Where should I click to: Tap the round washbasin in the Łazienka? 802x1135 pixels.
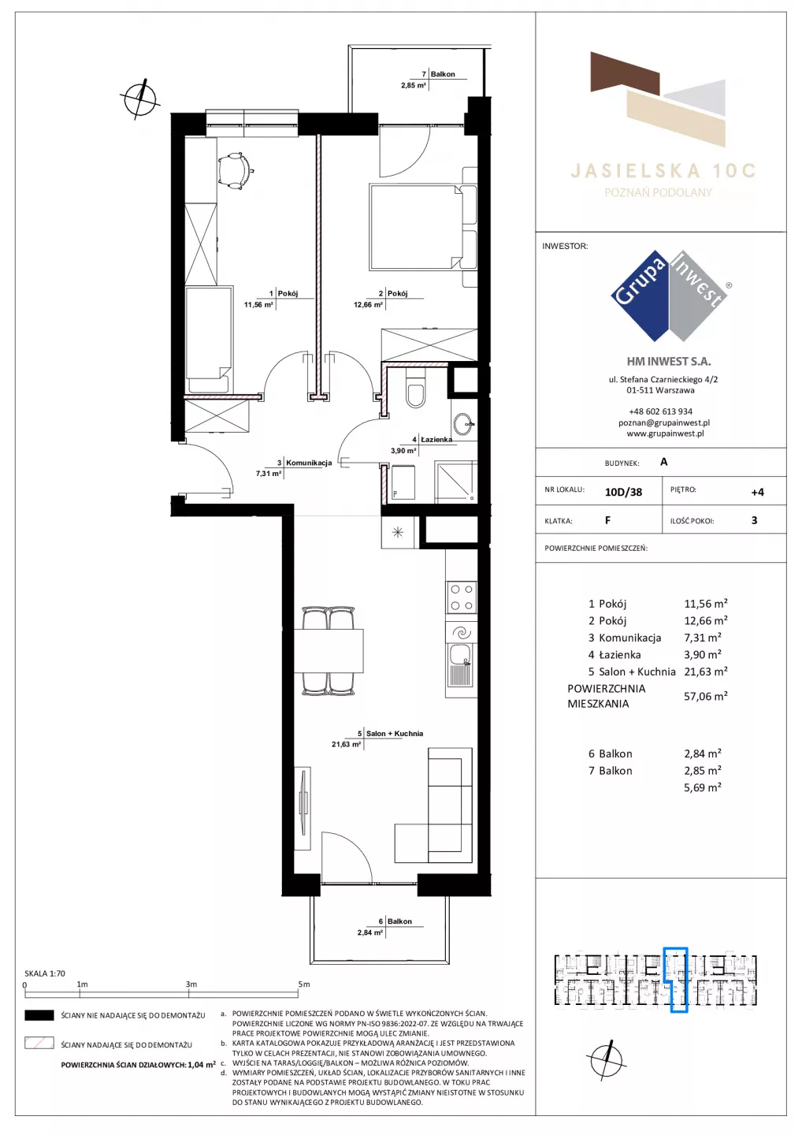pyautogui.click(x=462, y=423)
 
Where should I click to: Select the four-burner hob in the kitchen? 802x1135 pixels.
pyautogui.click(x=461, y=597)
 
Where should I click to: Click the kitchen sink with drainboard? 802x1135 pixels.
pyautogui.click(x=461, y=664)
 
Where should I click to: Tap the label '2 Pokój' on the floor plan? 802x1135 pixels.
pyautogui.click(x=393, y=293)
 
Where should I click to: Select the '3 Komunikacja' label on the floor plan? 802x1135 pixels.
pyautogui.click(x=304, y=463)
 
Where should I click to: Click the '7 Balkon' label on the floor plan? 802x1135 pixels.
pyautogui.click(x=439, y=74)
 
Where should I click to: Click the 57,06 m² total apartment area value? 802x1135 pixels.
pyautogui.click(x=705, y=696)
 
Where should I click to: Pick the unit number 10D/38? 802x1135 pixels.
pyautogui.click(x=623, y=492)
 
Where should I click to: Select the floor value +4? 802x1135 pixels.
pyautogui.click(x=757, y=492)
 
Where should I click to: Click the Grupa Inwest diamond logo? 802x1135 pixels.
pyautogui.click(x=669, y=296)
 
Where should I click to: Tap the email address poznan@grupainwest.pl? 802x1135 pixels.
pyautogui.click(x=664, y=422)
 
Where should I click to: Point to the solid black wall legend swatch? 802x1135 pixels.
pyautogui.click(x=39, y=1015)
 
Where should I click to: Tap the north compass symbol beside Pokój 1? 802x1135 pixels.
pyautogui.click(x=140, y=99)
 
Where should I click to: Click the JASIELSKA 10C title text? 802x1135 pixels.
pyautogui.click(x=663, y=171)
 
